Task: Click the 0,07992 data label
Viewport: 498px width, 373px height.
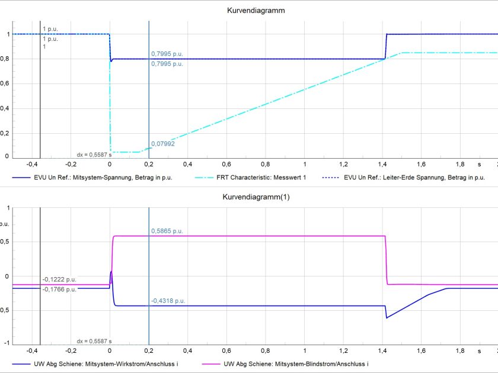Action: tap(162, 144)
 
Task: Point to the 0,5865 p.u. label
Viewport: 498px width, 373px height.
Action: tap(167, 231)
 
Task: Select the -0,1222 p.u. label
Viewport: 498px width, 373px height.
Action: tap(59, 279)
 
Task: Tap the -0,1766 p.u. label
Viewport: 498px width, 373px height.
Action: tap(59, 290)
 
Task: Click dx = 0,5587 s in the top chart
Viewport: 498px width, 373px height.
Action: tap(94, 155)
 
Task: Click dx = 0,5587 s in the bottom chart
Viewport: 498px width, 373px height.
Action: tap(94, 342)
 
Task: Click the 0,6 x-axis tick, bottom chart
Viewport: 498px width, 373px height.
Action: tap(227, 351)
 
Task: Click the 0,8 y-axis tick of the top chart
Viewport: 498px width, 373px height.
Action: tap(5, 59)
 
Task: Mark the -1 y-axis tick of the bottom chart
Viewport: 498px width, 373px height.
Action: tap(7, 343)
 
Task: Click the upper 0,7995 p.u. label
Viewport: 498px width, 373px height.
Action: tap(167, 53)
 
